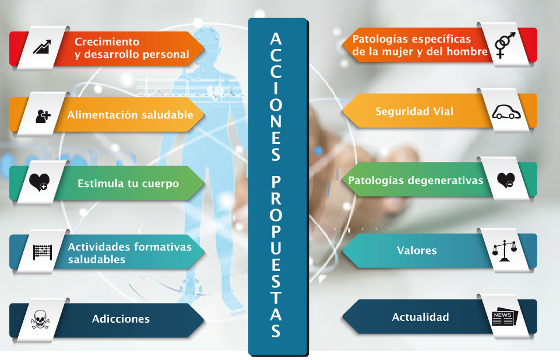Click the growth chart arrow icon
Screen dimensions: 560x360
click(42, 47)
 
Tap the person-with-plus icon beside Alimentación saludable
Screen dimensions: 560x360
click(43, 116)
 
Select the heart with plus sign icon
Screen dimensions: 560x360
click(39, 182)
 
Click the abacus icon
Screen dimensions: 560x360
click(43, 252)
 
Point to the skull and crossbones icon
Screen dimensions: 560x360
click(40, 319)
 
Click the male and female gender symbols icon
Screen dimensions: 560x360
click(505, 45)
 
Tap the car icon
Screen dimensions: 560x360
click(506, 112)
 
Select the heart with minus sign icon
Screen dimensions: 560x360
click(506, 181)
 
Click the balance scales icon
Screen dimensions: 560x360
click(504, 250)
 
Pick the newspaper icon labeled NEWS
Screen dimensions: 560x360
click(504, 316)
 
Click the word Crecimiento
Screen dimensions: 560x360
click(107, 42)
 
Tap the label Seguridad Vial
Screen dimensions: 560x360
click(414, 111)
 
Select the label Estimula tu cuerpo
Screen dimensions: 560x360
click(128, 183)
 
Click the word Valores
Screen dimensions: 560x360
click(417, 250)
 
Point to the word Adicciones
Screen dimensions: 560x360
click(121, 319)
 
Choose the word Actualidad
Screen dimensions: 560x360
click(420, 317)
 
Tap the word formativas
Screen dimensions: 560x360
click(163, 247)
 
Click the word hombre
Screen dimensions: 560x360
click(467, 51)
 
